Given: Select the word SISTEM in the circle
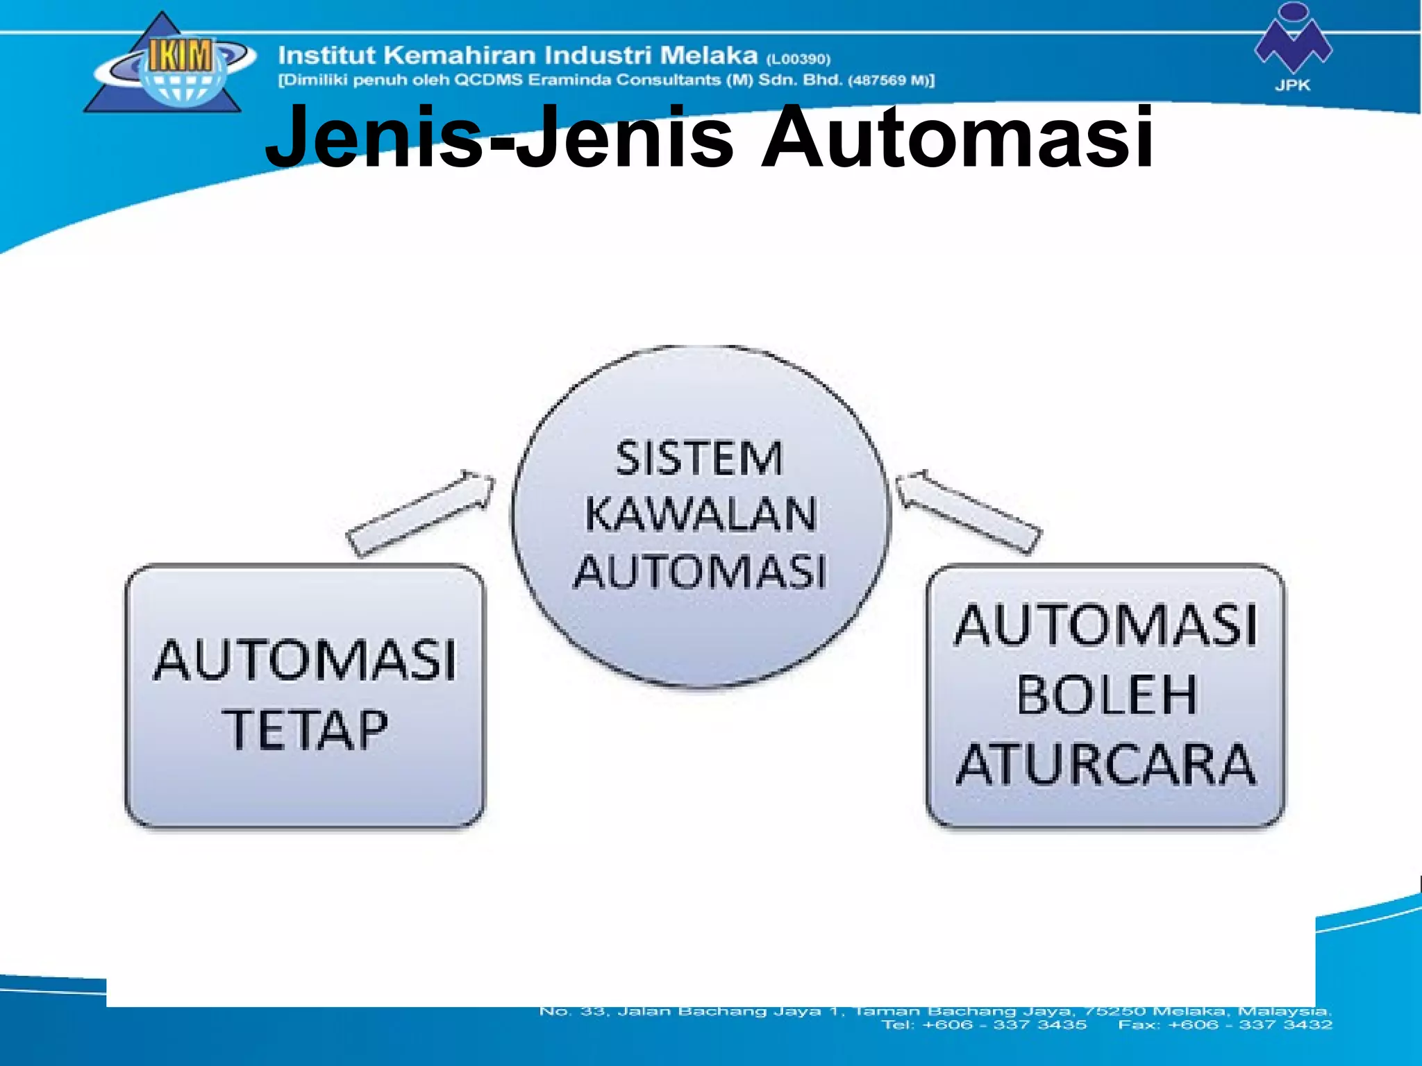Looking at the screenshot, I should (x=699, y=459).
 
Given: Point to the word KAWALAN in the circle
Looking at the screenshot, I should (x=700, y=515).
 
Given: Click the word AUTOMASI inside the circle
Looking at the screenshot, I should (x=700, y=572).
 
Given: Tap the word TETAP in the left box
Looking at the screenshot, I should (x=306, y=729).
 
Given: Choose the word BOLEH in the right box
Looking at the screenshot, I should (x=1107, y=695).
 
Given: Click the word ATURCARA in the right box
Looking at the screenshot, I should (x=1107, y=765).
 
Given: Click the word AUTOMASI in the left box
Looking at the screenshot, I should (x=306, y=660).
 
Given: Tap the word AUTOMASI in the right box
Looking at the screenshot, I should (x=1107, y=626).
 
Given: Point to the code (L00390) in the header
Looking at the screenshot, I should (x=798, y=59).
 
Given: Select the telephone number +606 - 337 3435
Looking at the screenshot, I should (x=1004, y=1024).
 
